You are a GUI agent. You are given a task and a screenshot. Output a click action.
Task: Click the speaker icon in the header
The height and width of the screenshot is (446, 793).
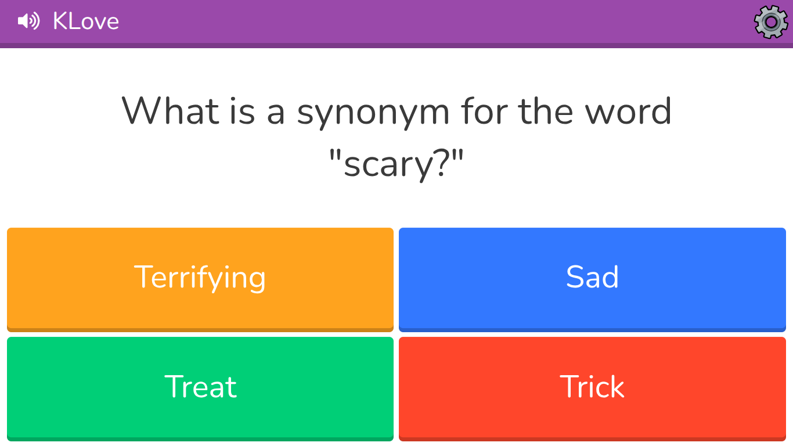[x=28, y=21]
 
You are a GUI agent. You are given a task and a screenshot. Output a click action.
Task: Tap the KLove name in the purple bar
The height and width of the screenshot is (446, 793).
[x=86, y=21]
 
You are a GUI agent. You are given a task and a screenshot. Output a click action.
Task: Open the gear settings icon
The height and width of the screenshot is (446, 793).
[x=770, y=22]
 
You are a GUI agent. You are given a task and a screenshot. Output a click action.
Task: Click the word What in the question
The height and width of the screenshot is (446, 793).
[x=170, y=111]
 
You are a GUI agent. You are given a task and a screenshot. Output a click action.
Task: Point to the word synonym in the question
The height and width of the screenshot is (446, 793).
[x=373, y=112]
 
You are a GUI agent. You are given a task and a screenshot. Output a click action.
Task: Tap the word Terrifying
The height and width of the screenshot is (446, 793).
[x=200, y=277]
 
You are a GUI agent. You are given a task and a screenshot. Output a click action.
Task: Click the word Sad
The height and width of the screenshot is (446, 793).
[x=592, y=277]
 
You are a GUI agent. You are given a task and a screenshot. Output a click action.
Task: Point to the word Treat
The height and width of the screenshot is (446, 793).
[x=200, y=387]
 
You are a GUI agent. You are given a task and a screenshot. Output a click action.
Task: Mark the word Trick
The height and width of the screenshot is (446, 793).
[x=592, y=387]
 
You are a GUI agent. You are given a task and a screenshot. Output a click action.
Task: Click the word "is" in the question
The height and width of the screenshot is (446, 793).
[x=245, y=111]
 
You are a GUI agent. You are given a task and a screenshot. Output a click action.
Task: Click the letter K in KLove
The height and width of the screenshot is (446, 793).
[x=60, y=21]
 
